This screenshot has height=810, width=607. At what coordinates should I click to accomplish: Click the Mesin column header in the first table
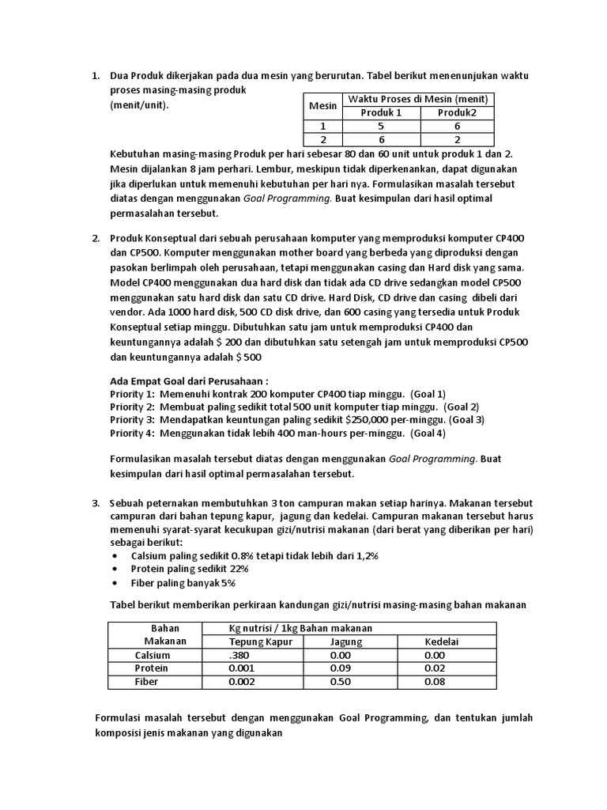[322, 105]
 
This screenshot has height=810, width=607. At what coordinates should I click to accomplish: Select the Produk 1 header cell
[381, 112]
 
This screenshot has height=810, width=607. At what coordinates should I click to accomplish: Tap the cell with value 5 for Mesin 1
[381, 126]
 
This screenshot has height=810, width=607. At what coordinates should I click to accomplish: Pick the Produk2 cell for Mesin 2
[457, 139]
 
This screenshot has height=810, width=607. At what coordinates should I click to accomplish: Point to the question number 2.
[96, 239]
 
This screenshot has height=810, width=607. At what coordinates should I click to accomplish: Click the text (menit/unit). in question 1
[139, 104]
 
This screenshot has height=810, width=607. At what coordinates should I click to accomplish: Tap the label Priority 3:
[132, 419]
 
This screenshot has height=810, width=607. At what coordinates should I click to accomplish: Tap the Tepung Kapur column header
[260, 642]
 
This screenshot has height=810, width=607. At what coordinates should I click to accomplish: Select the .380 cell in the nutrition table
[237, 655]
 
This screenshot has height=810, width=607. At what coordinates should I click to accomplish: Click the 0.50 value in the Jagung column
[340, 681]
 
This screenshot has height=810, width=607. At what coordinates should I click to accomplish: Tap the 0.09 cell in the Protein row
[340, 668]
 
